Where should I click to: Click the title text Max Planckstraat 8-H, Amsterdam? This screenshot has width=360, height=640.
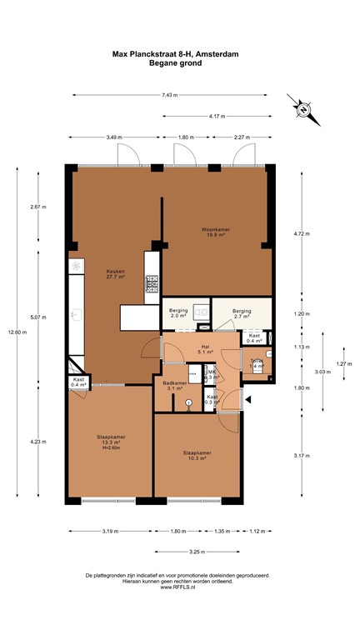pyautogui.click(x=180, y=53)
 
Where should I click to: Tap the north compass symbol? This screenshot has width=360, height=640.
pyautogui.click(x=302, y=108)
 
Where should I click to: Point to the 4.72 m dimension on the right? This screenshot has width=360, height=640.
pyautogui.click(x=301, y=233)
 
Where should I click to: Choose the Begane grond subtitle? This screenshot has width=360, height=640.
pyautogui.click(x=180, y=62)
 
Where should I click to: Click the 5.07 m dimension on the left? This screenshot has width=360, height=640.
pyautogui.click(x=38, y=317)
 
